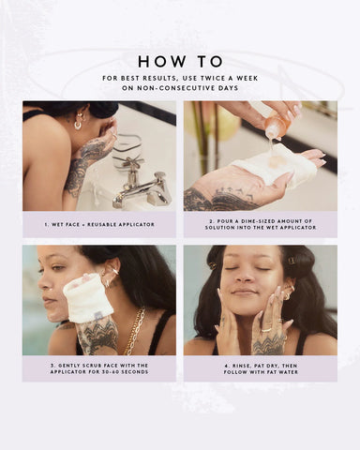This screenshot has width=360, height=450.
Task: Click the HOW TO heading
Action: pos(180,62)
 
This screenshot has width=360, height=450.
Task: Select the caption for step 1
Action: pos(98,224)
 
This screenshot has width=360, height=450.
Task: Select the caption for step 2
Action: pos(260,224)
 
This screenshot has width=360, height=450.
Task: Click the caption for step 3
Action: pos(98,367)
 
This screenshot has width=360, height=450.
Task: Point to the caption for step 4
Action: pos(260,367)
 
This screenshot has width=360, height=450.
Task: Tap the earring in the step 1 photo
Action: pos(79,122)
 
